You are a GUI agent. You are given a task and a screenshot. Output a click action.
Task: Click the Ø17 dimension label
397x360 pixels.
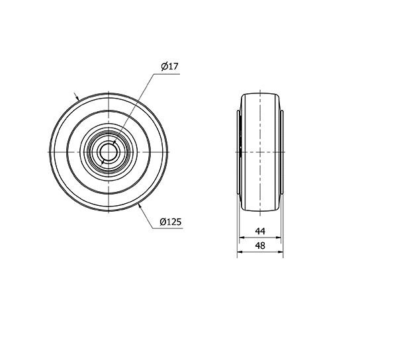(169, 66)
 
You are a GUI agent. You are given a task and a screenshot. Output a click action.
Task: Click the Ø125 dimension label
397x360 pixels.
(171, 222)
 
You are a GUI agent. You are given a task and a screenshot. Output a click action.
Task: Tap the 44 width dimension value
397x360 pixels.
(260, 231)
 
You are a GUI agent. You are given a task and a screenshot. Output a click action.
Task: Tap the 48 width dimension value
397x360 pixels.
(260, 246)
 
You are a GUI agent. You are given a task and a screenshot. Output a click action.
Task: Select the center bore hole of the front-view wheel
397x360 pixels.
(109, 152)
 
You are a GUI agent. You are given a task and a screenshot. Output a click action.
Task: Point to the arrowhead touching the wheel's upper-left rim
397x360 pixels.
(77, 98)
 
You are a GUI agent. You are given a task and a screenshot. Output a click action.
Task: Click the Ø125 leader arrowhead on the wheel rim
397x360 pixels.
(140, 206)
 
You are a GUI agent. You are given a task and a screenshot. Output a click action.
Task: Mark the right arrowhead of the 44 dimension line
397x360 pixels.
(279, 238)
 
